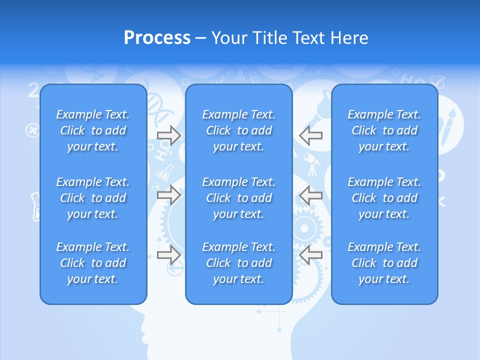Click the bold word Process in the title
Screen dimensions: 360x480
click(x=157, y=38)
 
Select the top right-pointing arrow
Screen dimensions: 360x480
click(x=168, y=135)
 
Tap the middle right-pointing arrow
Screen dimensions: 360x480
click(x=168, y=195)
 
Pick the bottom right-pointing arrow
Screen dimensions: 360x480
click(x=168, y=255)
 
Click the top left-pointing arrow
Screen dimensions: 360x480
click(x=311, y=135)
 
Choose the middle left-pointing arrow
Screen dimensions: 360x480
click(x=311, y=195)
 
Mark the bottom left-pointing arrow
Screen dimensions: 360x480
click(x=311, y=255)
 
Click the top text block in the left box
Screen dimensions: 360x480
click(x=93, y=130)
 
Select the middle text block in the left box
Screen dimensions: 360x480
click(x=93, y=198)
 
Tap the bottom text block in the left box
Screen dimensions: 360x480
click(x=93, y=263)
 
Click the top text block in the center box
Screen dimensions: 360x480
click(x=239, y=130)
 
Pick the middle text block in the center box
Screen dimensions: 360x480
click(x=239, y=198)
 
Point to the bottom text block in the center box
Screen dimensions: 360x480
click(x=239, y=263)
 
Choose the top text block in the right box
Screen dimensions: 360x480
click(x=384, y=130)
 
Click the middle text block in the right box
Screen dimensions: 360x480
click(x=384, y=198)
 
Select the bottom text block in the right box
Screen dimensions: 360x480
click(x=384, y=263)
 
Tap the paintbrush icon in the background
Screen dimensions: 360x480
click(x=446, y=125)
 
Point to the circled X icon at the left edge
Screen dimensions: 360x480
click(x=32, y=131)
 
